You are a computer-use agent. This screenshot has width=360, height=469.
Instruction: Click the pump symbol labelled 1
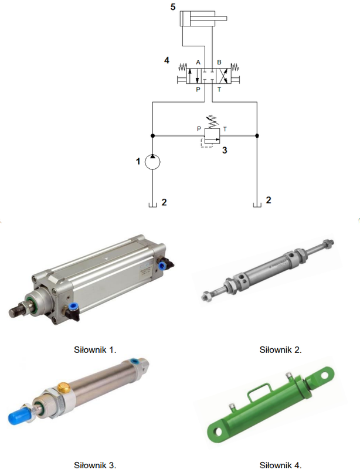pyautogui.click(x=152, y=162)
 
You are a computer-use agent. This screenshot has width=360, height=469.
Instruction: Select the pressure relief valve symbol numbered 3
pyautogui.click(x=212, y=135)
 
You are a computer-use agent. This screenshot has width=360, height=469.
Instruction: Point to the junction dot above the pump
pyautogui.click(x=152, y=136)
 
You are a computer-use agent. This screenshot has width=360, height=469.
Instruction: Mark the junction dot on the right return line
pyautogui.click(x=257, y=136)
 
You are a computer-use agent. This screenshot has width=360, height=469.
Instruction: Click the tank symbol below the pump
pyautogui.click(x=152, y=205)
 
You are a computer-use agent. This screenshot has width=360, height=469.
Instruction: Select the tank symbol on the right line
pyautogui.click(x=257, y=205)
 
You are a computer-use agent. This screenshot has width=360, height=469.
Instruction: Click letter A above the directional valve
pyautogui.click(x=198, y=62)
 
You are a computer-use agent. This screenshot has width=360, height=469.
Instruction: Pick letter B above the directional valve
pyautogui.click(x=219, y=62)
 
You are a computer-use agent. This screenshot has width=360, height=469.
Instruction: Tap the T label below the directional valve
pyautogui.click(x=219, y=90)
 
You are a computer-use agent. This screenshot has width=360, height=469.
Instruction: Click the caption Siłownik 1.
pyautogui.click(x=95, y=349)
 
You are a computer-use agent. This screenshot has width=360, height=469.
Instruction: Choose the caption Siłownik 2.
pyautogui.click(x=280, y=349)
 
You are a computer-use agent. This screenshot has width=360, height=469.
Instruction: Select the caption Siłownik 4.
pyautogui.click(x=280, y=465)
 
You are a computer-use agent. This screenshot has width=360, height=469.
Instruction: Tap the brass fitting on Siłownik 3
pyautogui.click(x=64, y=388)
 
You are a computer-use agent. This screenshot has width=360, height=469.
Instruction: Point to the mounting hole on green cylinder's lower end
pyautogui.click(x=218, y=431)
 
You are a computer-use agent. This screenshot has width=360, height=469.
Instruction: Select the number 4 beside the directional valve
pyautogui.click(x=167, y=60)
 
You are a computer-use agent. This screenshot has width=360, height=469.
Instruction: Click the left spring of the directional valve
pyautogui.click(x=182, y=67)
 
